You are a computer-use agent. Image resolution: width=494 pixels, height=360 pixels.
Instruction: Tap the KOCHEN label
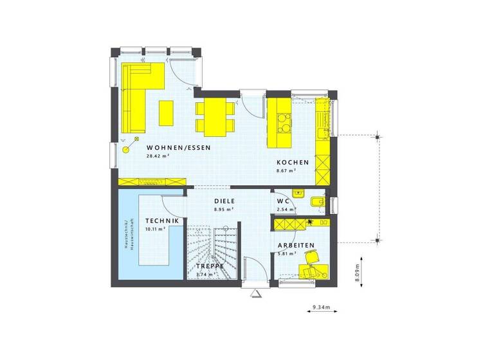point(293,163)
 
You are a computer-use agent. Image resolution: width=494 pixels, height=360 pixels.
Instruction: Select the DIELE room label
point(224,201)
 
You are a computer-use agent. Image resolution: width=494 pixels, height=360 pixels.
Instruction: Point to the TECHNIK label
point(158,220)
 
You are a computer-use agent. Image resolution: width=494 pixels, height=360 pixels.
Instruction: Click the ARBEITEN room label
point(295,246)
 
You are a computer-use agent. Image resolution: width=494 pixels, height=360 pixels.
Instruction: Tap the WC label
point(283,201)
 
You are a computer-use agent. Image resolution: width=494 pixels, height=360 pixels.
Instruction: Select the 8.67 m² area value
point(286,171)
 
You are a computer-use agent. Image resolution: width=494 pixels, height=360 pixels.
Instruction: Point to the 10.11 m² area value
point(155,228)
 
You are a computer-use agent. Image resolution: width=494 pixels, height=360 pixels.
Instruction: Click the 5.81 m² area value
point(285,254)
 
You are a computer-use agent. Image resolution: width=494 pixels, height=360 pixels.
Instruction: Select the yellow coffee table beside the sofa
point(166,113)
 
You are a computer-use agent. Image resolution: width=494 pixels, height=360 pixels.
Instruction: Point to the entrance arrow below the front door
point(255,294)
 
